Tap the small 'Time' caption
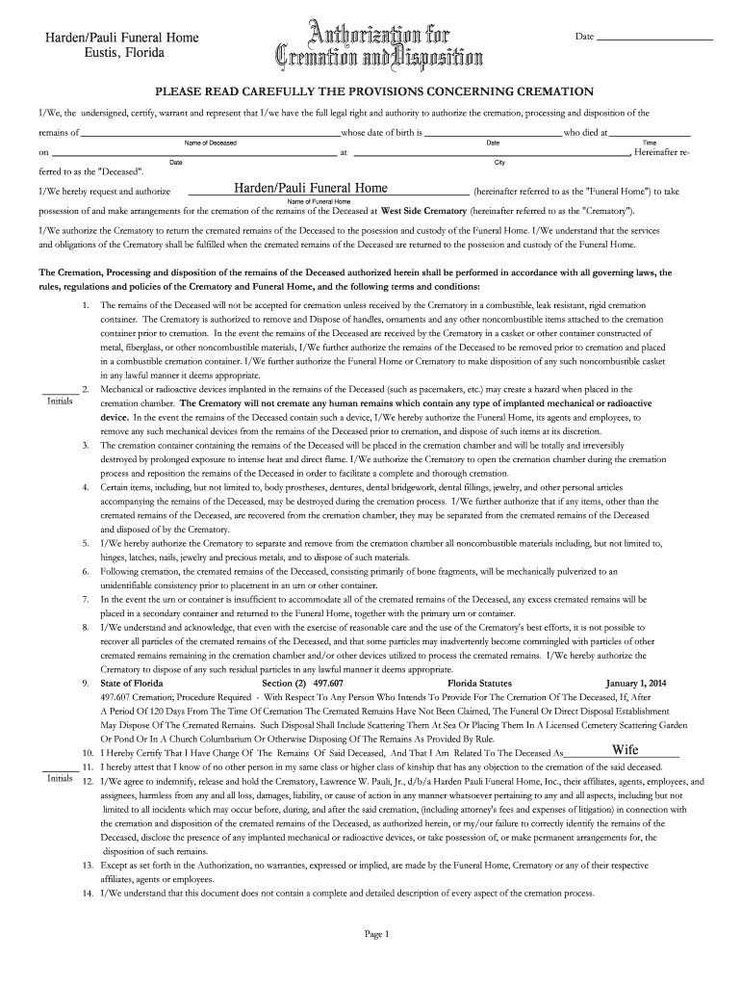point(649,143)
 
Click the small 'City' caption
point(499,163)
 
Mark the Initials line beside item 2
point(59,394)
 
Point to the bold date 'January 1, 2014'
point(636,683)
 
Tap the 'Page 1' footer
point(373,934)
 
